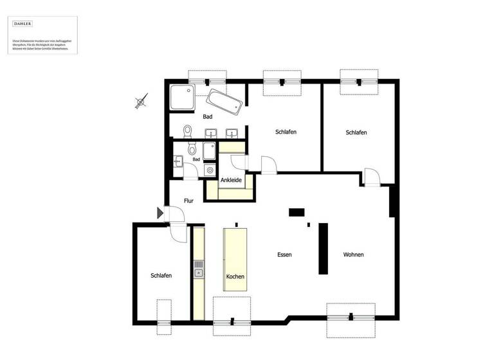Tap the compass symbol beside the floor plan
coord(142,101)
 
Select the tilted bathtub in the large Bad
coord(225,102)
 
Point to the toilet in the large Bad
coord(187,131)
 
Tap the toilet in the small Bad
coord(192,149)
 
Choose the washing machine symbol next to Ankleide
coord(210,170)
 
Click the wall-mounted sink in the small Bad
coord(178,161)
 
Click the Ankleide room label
coord(231,180)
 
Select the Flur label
coord(189,201)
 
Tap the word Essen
coord(284,255)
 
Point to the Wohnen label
coord(353,255)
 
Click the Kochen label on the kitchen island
coord(235,276)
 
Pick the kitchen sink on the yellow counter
coord(199,270)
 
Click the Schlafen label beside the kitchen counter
coord(161,276)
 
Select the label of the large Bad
coord(207,117)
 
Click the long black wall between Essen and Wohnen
coord(323,249)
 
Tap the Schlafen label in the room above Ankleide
coord(286,132)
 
